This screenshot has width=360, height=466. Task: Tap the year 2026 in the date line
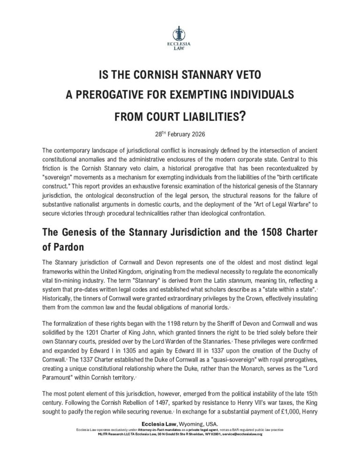195,133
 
